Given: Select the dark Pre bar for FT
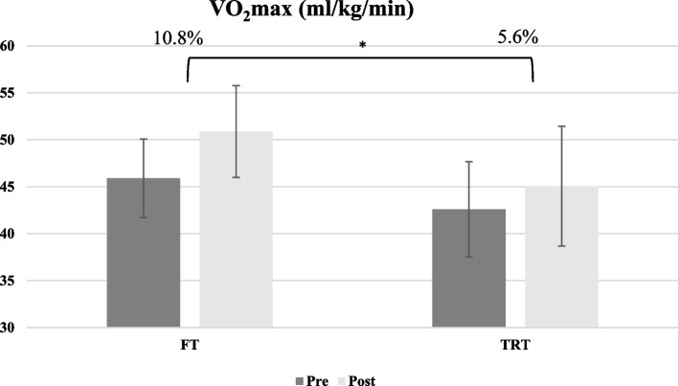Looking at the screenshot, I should coord(143,253).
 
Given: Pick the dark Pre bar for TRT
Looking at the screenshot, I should coord(468,268).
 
